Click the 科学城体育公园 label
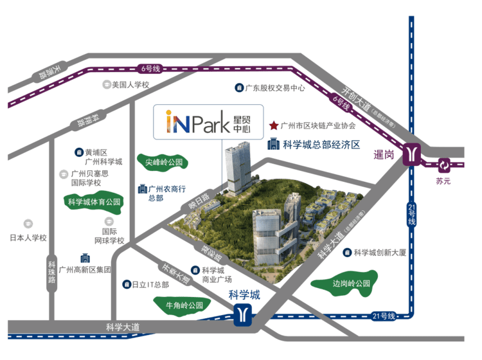[x=94, y=202]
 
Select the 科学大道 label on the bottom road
[x=123, y=328]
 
